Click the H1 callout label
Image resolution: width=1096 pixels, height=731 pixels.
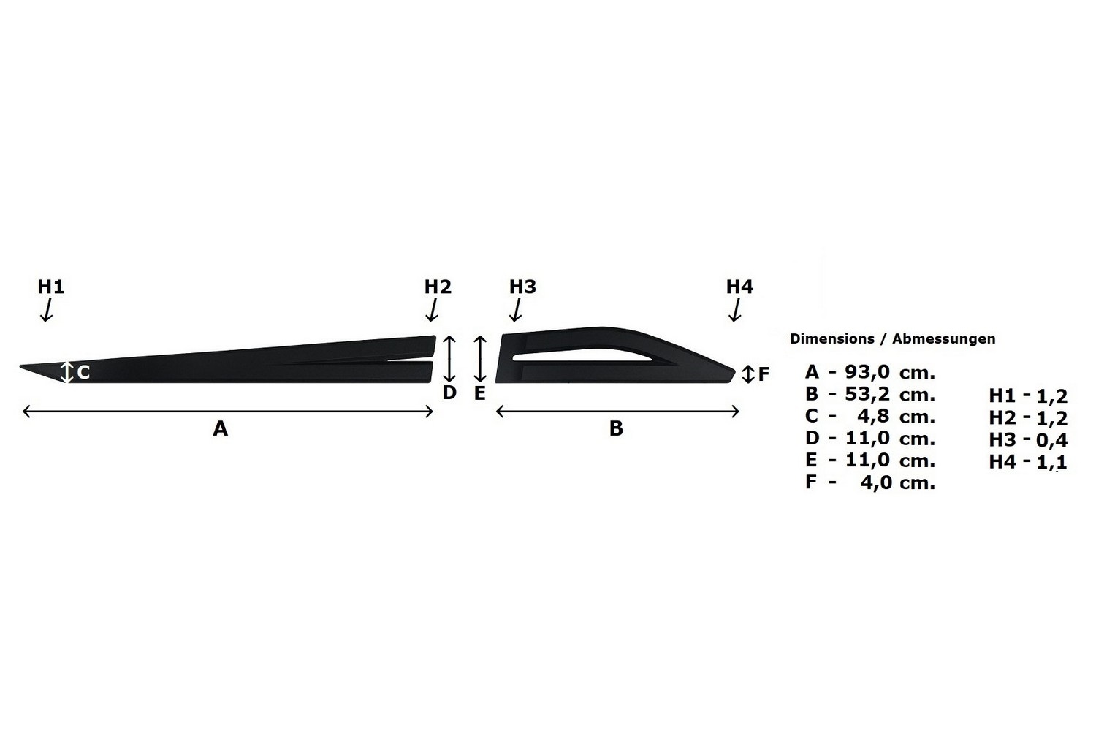coord(51,287)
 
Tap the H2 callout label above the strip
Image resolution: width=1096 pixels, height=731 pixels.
coord(438,287)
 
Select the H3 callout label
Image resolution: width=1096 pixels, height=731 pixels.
coord(522,287)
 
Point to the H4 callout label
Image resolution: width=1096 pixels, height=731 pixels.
coord(739,287)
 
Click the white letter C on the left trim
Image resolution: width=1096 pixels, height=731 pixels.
coord(84,373)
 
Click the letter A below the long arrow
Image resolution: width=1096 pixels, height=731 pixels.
coord(220,428)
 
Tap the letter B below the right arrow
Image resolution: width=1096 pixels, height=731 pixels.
coord(616,428)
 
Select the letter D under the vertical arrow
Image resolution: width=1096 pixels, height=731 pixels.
coord(449,393)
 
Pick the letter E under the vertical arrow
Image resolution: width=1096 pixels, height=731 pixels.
coord(479,393)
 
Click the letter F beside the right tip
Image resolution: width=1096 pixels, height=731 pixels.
coord(764,374)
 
